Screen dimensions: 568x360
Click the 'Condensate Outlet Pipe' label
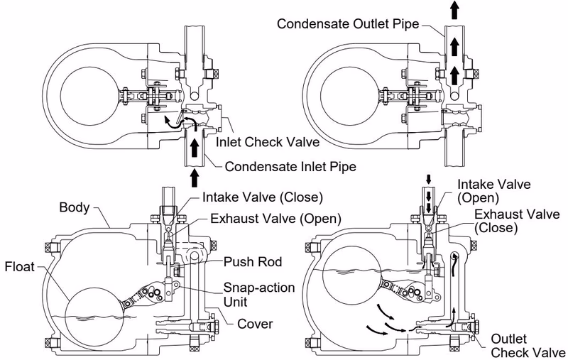tap(348, 24)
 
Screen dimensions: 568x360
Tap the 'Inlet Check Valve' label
tap(268, 142)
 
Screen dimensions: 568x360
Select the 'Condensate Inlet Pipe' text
tap(290, 167)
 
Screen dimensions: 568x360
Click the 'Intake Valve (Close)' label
tap(263, 197)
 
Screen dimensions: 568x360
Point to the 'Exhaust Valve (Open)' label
tap(276, 219)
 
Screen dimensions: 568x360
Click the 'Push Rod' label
tap(253, 262)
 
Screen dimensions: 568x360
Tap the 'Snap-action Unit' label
tap(259, 295)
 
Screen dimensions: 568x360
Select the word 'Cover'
tap(255, 324)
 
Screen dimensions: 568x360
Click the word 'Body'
tap(75, 207)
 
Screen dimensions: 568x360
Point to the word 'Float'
tap(20, 267)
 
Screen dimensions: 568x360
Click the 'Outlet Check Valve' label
tap(528, 346)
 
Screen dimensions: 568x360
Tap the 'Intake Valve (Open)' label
tap(493, 191)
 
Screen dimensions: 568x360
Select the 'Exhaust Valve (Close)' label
tap(517, 221)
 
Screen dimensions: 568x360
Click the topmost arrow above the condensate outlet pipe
tap(455, 10)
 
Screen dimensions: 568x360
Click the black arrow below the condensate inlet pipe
tap(195, 178)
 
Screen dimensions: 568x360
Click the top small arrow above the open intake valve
tap(429, 179)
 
